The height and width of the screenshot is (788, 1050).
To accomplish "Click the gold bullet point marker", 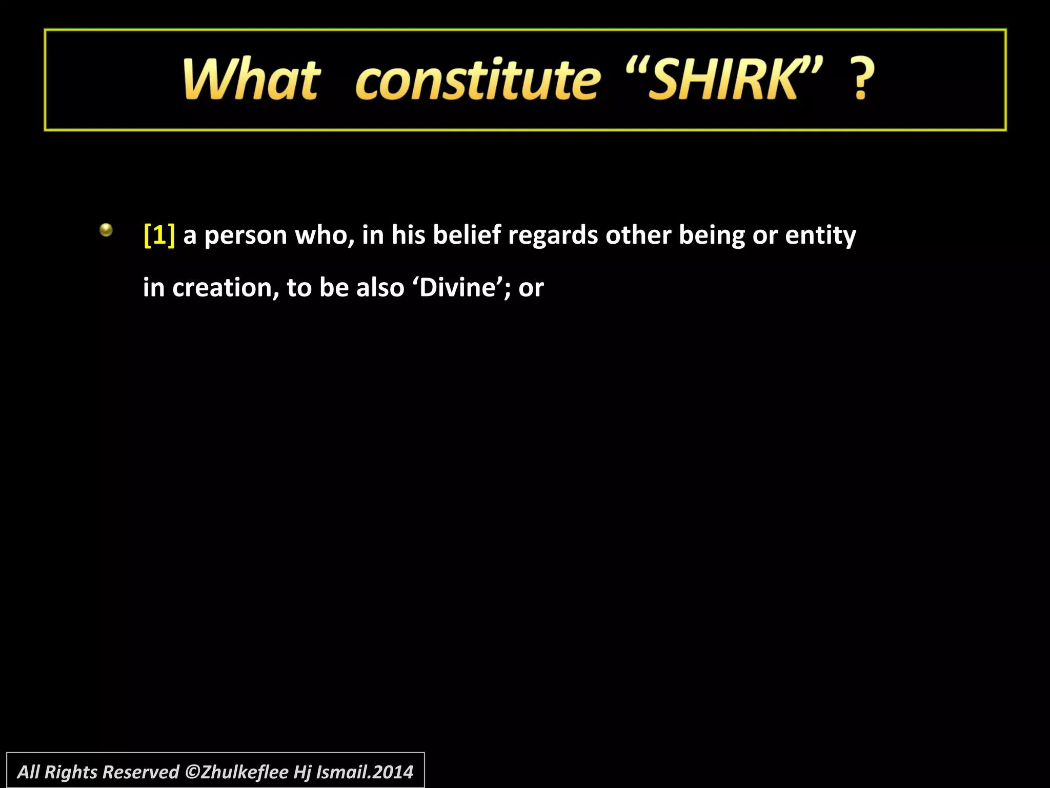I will [106, 230].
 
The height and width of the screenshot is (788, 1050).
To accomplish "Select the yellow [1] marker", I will [159, 235].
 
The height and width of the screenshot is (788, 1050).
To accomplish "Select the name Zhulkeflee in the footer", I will [245, 772].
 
